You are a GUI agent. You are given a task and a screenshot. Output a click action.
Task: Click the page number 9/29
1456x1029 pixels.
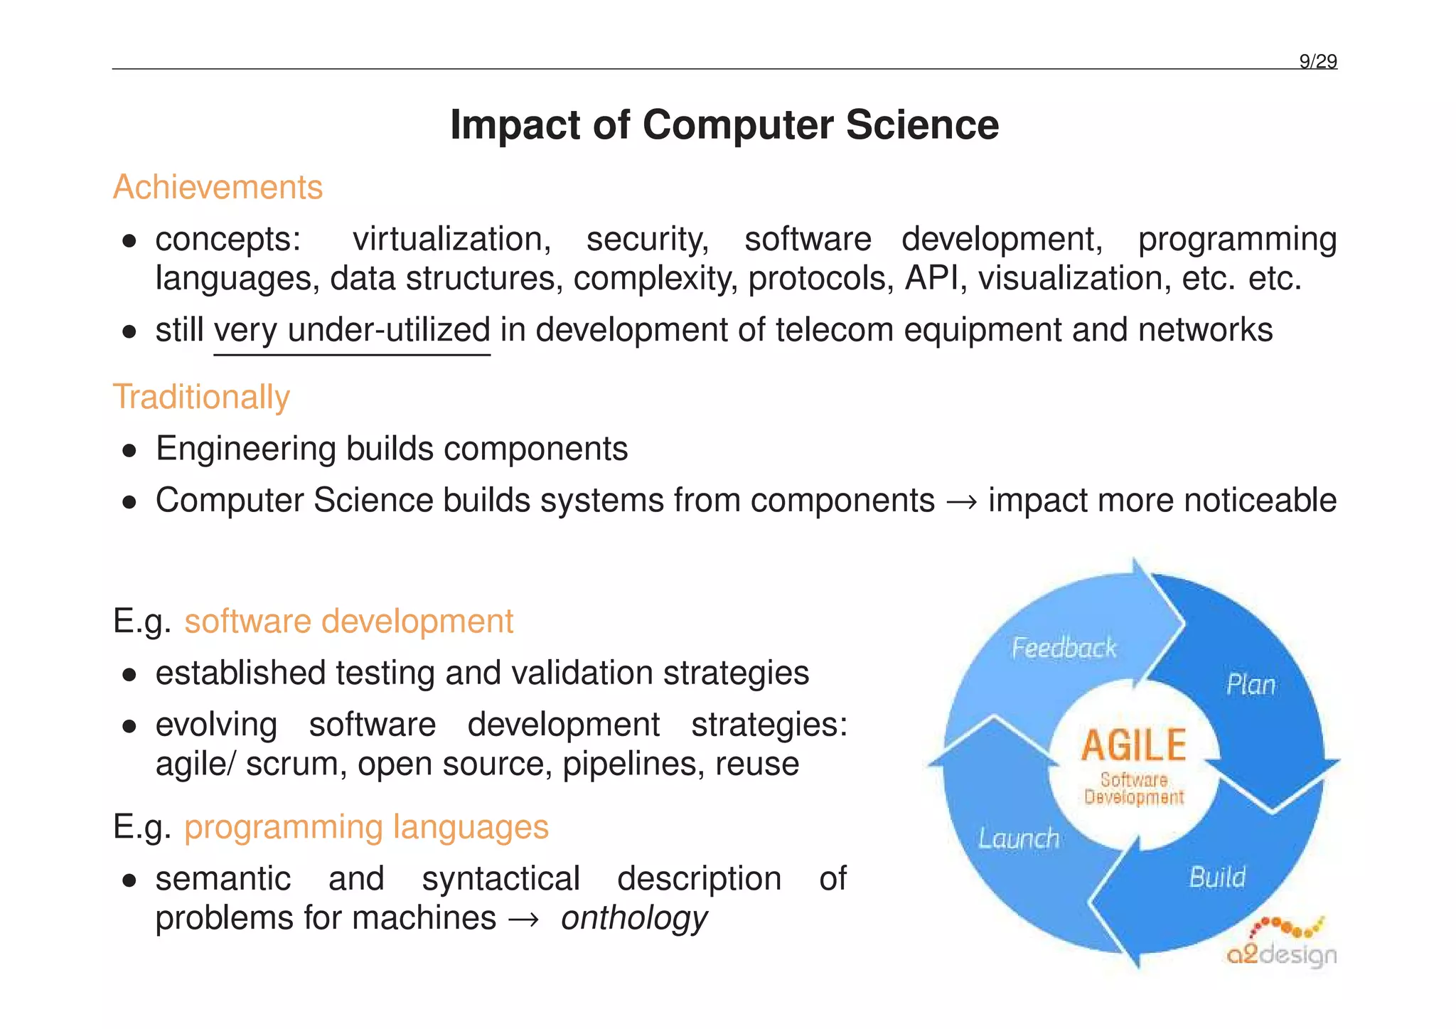pos(1317,62)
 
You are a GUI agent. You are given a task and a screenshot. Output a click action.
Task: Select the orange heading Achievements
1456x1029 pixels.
pos(218,188)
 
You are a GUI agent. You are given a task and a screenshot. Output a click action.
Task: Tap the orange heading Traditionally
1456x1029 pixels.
pos(201,397)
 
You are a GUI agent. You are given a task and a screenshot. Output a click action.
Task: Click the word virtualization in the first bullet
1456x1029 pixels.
pos(451,240)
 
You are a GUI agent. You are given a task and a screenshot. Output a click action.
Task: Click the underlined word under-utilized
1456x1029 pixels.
pos(389,330)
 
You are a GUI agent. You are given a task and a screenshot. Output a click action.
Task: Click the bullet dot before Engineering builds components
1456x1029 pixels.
pos(129,450)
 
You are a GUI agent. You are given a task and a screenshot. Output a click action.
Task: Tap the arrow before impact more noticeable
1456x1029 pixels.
pos(961,501)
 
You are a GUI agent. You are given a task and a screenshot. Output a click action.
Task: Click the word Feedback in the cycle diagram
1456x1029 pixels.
pos(1064,648)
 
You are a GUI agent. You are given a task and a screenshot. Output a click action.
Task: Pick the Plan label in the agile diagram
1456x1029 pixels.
pos(1251,685)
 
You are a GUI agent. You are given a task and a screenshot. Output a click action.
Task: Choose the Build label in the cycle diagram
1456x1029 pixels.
pos(1217,878)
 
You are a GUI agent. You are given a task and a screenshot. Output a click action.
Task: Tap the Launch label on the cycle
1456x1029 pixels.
pos(1018,838)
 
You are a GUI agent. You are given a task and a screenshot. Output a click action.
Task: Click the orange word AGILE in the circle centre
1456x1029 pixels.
pos(1133,746)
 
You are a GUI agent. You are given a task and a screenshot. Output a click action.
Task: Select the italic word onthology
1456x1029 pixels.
pos(633,918)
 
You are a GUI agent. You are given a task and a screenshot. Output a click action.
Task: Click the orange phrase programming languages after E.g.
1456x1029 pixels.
pos(366,828)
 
